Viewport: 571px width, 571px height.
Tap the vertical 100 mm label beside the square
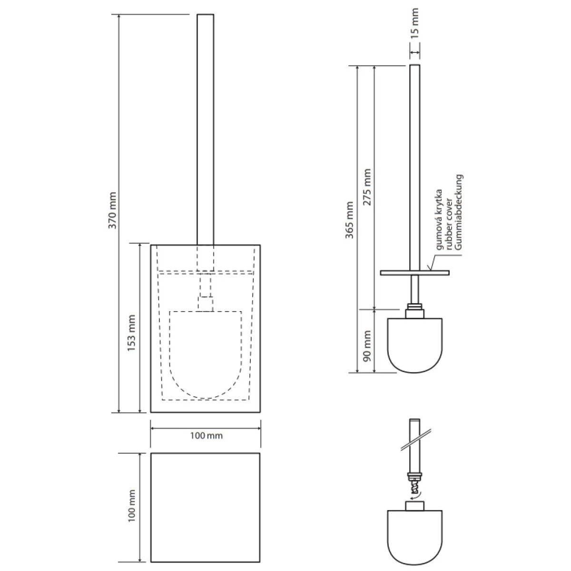132,504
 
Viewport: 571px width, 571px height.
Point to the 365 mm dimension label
350,220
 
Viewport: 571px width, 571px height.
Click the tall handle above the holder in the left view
206,128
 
